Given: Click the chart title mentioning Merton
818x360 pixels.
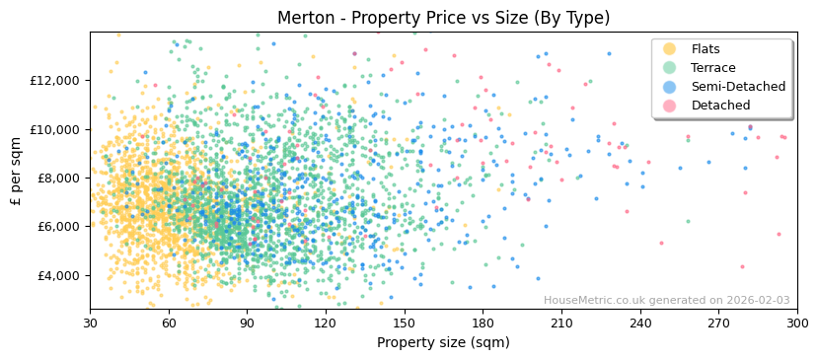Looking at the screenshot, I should (x=443, y=18).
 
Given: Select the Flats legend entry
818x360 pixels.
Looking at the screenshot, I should (x=706, y=49).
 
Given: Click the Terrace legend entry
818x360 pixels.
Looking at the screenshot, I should (x=713, y=68).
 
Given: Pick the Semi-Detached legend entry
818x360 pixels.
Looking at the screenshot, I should (x=738, y=87).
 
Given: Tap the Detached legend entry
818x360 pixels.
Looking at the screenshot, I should (x=720, y=106).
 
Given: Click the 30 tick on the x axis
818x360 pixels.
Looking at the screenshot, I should (x=90, y=323).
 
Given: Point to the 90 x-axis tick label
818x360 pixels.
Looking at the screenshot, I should (x=247, y=323).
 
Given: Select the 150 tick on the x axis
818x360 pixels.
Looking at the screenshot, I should (x=405, y=323).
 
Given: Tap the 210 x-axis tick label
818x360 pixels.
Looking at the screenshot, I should (x=561, y=323).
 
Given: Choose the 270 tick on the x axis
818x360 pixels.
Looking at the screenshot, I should (x=718, y=323).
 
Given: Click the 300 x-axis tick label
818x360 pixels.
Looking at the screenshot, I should (x=797, y=323).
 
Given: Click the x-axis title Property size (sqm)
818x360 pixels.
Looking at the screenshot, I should (x=443, y=343).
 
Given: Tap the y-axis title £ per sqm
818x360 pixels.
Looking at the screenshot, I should (x=17, y=171).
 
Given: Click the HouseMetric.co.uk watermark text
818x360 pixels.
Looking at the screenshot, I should (x=666, y=301).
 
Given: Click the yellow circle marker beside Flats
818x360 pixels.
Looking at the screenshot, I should (x=670, y=49).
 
